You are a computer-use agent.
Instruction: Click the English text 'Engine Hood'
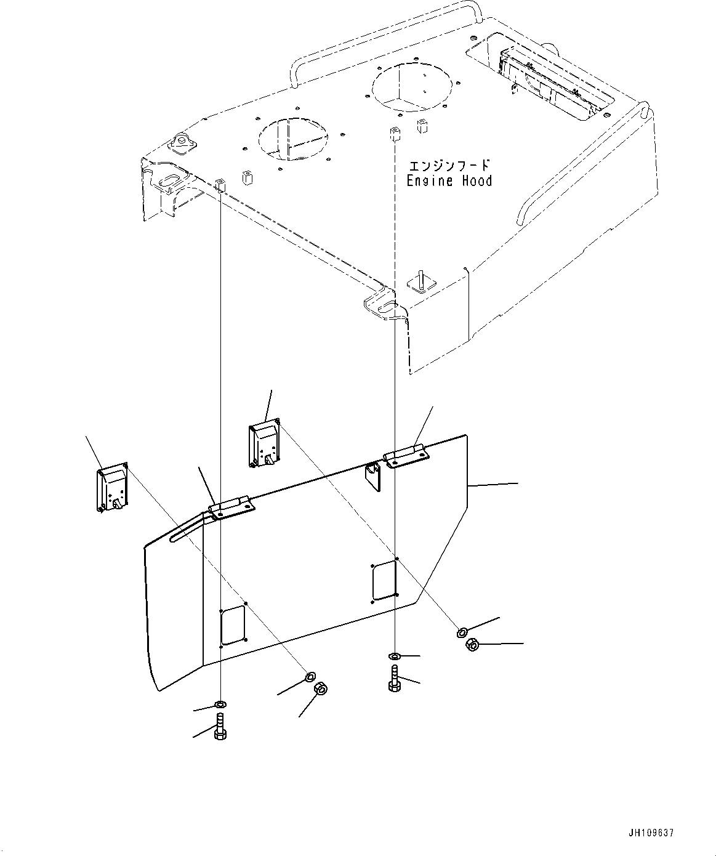pyautogui.click(x=449, y=181)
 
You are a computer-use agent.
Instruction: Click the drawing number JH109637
pyautogui.click(x=651, y=833)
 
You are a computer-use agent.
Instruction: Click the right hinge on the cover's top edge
pyautogui.click(x=406, y=456)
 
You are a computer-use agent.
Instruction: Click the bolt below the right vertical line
pyautogui.click(x=395, y=680)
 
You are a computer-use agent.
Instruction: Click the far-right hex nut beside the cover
pyautogui.click(x=472, y=645)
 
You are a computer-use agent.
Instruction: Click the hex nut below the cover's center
pyautogui.click(x=320, y=688)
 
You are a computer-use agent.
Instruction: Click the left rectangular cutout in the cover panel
pyautogui.click(x=233, y=625)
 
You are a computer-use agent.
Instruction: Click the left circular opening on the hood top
pyautogui.click(x=293, y=137)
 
